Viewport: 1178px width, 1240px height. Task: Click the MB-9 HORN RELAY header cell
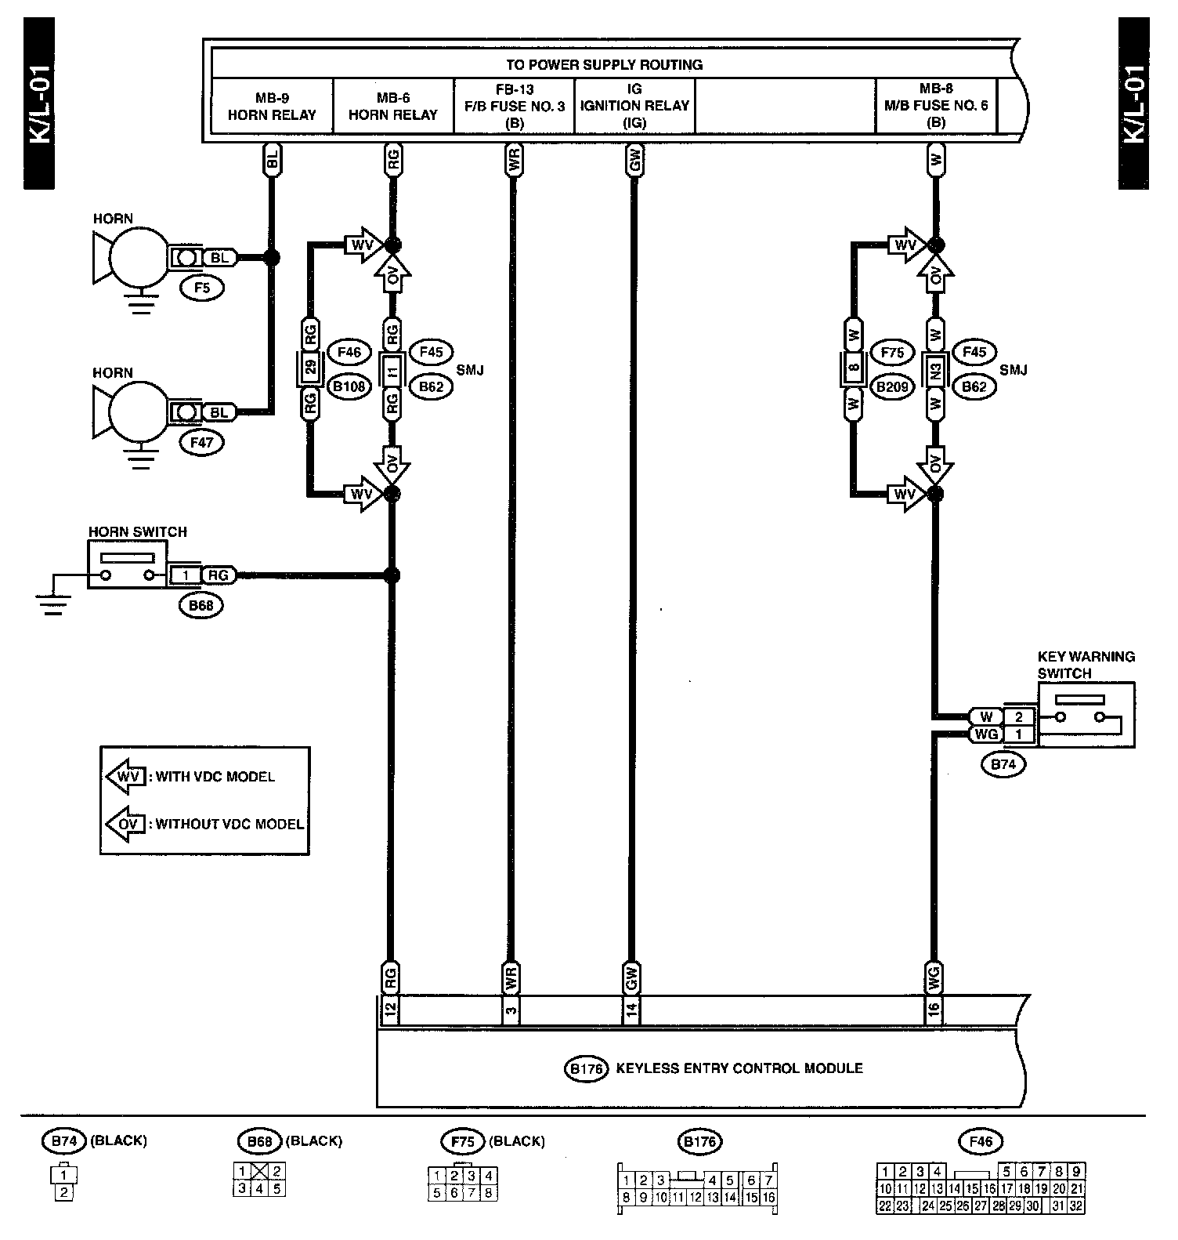click(x=272, y=106)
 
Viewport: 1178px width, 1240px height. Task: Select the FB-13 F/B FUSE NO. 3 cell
click(x=514, y=106)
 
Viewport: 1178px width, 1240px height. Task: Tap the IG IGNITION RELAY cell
click(x=634, y=106)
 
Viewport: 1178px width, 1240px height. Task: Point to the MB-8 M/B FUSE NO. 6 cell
click(x=936, y=106)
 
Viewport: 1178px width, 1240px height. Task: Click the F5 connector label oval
click(x=202, y=288)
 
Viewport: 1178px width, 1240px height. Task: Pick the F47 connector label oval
click(x=202, y=442)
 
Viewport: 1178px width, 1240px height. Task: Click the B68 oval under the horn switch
click(x=201, y=604)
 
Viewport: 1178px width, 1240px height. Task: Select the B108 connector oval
click(x=349, y=386)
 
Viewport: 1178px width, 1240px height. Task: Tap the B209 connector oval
click(x=892, y=386)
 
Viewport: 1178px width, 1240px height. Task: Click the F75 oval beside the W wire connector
click(x=892, y=353)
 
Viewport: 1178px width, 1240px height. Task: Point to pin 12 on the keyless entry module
click(x=390, y=1010)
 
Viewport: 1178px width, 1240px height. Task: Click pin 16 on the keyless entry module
click(x=934, y=1010)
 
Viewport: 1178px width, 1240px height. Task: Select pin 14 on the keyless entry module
click(x=632, y=1010)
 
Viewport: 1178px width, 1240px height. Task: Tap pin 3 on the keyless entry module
click(x=511, y=1010)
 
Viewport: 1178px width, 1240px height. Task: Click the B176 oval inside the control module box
click(x=586, y=1068)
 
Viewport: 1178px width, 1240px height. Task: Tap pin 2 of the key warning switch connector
click(x=1019, y=716)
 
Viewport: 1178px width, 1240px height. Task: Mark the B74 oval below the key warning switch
click(x=1003, y=764)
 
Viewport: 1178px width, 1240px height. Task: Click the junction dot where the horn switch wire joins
click(x=392, y=576)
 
